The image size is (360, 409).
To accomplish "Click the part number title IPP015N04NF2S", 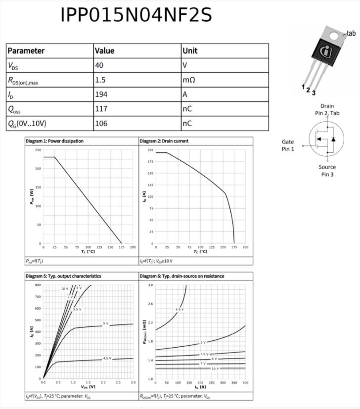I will pos(136,15).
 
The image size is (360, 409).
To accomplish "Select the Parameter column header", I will pos(26,50).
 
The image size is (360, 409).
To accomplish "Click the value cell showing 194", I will pos(101,94).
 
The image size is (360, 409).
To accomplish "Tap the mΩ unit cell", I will pos(188,80).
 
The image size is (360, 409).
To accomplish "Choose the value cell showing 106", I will pos(101,123).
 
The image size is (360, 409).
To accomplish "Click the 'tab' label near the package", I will pos(351,33).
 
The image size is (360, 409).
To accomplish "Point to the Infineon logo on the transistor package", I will pos(327,52).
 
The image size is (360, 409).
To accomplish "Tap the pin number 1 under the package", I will pos(303,87).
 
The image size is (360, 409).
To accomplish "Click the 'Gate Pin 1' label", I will pos(288,145).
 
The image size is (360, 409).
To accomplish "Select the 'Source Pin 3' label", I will pos(327,171).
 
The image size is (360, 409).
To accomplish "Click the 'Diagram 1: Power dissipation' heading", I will pos(54,141).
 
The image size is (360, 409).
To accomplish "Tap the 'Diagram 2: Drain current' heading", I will pos(164,141).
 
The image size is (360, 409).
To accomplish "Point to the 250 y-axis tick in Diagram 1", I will pos(38,150).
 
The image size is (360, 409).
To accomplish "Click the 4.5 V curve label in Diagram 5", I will pos(107,358).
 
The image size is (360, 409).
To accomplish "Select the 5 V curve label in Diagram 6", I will pos(203,342).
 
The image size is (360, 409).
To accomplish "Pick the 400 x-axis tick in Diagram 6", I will pos(245,383).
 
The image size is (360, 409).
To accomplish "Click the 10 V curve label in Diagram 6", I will pos(215,368).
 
